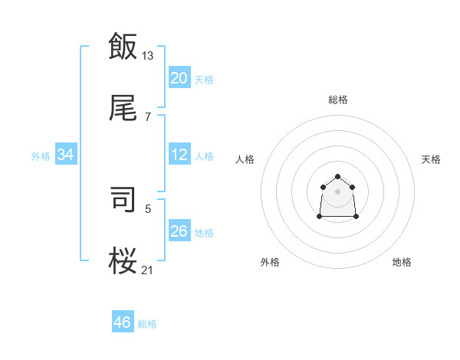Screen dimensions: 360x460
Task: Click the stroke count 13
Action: click(148, 55)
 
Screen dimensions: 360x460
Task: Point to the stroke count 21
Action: click(148, 270)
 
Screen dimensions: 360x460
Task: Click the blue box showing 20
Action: click(179, 78)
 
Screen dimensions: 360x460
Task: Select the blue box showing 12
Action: click(179, 155)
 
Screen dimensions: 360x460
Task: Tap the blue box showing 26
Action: click(179, 231)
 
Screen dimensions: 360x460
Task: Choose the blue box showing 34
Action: click(66, 155)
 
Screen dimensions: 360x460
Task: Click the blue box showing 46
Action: click(123, 322)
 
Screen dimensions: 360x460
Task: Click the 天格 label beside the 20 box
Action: click(204, 80)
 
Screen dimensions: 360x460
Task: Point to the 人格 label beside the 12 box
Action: click(204, 156)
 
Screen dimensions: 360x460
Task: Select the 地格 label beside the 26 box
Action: click(204, 233)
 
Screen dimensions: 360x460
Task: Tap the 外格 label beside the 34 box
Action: click(41, 156)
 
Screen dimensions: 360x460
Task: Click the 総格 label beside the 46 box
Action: click(147, 324)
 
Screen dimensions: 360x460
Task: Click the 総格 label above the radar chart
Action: click(337, 100)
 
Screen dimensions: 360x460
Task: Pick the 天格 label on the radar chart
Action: click(431, 159)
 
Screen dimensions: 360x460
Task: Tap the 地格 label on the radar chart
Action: click(402, 262)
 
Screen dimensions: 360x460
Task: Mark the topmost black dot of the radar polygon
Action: click(337, 177)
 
